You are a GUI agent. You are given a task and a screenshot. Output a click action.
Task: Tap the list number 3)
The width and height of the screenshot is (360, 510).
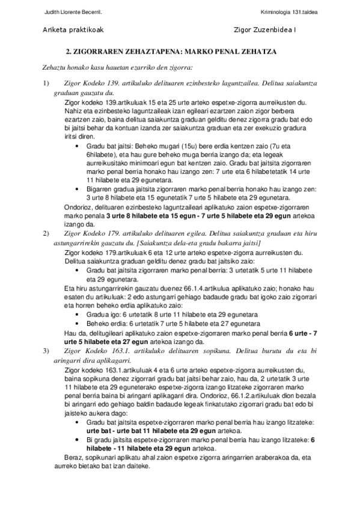[44, 350]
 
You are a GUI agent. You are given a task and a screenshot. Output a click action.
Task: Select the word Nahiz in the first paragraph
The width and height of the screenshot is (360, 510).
[73, 112]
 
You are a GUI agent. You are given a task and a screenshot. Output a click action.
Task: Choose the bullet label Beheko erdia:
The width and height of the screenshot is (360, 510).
[107, 324]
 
